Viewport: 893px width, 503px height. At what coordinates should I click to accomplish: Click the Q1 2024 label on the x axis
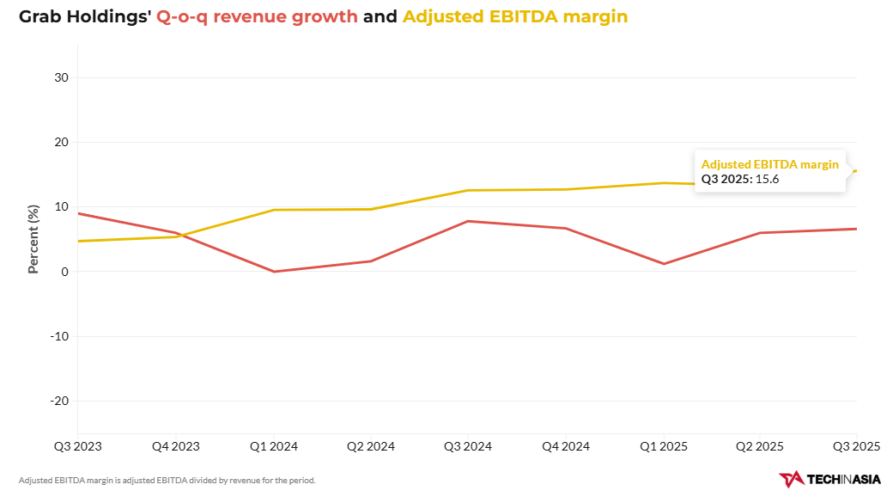click(x=274, y=446)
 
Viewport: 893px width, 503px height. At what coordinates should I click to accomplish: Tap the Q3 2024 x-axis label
click(x=468, y=446)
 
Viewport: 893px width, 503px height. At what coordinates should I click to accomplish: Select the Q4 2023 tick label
click(x=175, y=446)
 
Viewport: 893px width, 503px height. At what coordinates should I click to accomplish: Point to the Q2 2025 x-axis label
click(x=759, y=446)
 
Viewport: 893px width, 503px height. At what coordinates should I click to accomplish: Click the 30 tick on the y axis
click(x=62, y=77)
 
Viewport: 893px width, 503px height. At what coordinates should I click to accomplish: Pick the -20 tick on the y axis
click(x=58, y=401)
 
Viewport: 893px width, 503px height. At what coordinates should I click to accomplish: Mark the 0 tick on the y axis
click(x=65, y=272)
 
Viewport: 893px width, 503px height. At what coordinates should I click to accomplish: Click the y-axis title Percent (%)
click(x=33, y=239)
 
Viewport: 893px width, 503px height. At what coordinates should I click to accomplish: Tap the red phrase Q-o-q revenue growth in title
click(x=257, y=16)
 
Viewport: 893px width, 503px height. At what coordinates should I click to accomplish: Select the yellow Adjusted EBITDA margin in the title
click(x=515, y=16)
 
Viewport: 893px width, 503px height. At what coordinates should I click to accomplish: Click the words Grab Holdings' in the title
click(x=85, y=16)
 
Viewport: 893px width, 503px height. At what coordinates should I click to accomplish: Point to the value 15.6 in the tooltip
click(x=767, y=180)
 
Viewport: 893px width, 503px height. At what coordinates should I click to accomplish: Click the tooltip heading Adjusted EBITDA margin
click(x=770, y=164)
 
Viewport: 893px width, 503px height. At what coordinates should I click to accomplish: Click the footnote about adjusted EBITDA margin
click(x=167, y=480)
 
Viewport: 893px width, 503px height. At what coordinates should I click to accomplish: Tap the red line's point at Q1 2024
click(x=274, y=272)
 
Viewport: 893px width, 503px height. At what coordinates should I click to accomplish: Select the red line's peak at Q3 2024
click(x=468, y=221)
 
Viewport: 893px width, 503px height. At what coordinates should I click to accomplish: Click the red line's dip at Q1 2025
click(x=662, y=263)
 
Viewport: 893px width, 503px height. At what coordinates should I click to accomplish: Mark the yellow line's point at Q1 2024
click(x=274, y=210)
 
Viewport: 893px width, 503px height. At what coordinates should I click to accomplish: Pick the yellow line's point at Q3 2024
click(x=468, y=190)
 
